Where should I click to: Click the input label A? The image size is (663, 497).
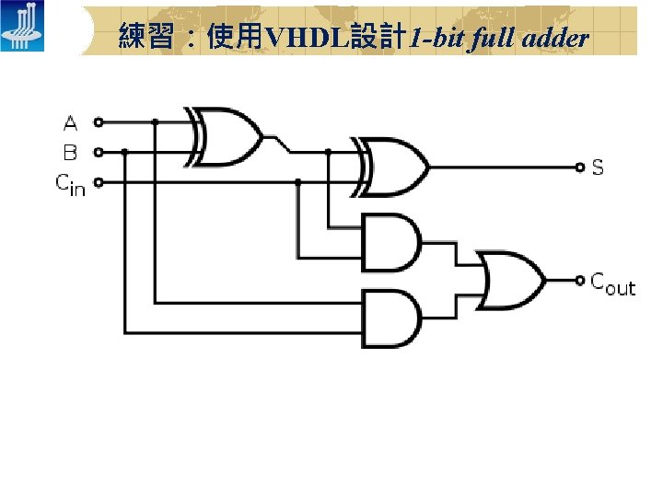point(71,122)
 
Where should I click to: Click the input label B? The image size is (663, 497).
point(71,152)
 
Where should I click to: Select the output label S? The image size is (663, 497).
point(598,168)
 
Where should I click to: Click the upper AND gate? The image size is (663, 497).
point(390,243)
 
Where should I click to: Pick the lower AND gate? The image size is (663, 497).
point(390,318)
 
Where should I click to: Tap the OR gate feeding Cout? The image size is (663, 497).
point(509,278)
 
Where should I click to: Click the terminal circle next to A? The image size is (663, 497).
point(99,121)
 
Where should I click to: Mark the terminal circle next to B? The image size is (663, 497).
point(99,152)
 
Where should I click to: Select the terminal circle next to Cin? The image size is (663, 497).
point(99,182)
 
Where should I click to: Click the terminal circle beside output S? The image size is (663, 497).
point(579,168)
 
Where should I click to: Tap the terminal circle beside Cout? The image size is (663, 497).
point(579,279)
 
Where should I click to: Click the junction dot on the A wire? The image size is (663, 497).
point(155,121)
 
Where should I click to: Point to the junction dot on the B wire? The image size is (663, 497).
point(124,152)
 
